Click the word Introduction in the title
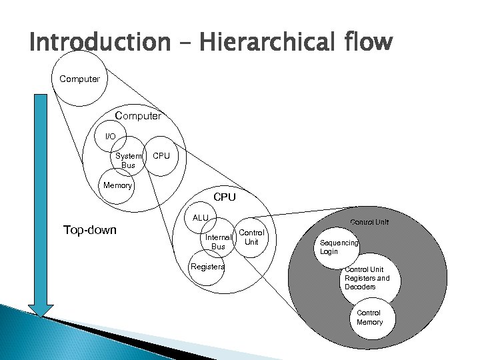click(100, 42)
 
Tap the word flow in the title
click(365, 42)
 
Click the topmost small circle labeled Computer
click(79, 79)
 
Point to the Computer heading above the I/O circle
click(138, 116)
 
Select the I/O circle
click(111, 137)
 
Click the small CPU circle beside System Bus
click(161, 157)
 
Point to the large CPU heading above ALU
click(224, 197)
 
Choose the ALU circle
click(200, 218)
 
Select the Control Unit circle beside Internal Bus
click(251, 237)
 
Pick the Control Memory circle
click(369, 317)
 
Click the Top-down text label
click(89, 230)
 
